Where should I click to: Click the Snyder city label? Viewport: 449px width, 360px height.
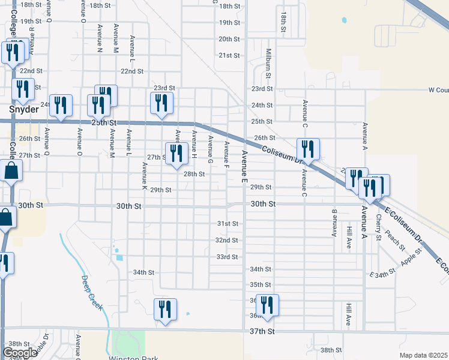20,109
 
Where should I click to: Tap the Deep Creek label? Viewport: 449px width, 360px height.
92,293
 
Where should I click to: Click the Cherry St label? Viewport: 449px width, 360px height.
378,227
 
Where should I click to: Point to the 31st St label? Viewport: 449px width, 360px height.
228,224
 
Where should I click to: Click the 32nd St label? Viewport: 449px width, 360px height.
227,240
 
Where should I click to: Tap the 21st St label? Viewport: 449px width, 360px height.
229,55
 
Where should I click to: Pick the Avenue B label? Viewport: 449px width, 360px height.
335,223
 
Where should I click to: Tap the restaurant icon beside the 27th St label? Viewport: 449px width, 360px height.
176,152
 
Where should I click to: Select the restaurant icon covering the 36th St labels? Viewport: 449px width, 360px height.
267,305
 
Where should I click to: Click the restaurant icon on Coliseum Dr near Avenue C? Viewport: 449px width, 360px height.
308,149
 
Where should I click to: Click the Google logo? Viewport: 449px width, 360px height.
20,353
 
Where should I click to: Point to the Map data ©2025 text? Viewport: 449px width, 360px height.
423,355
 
